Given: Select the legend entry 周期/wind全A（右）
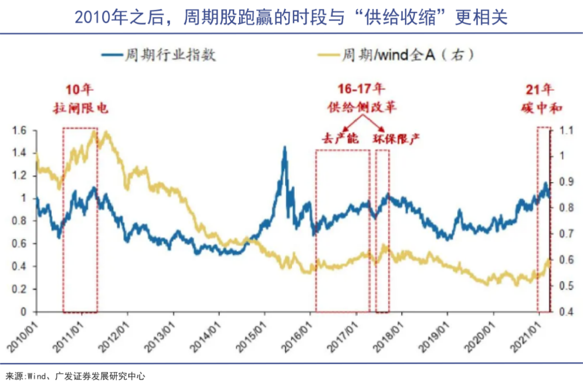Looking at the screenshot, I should [x=408, y=55].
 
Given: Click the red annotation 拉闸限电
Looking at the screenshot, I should [x=80, y=108].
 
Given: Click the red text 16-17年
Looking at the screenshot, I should [x=361, y=89].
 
